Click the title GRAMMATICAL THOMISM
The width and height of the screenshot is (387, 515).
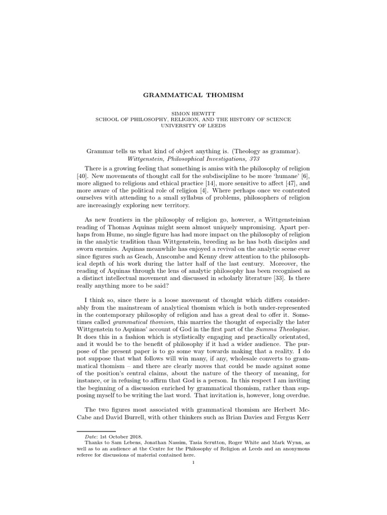(193, 94)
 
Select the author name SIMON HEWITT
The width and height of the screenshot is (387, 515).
(193, 113)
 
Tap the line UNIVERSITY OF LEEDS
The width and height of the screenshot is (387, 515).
(193, 126)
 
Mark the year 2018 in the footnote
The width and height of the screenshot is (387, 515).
(135, 436)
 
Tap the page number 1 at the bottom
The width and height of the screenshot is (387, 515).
(193, 462)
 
